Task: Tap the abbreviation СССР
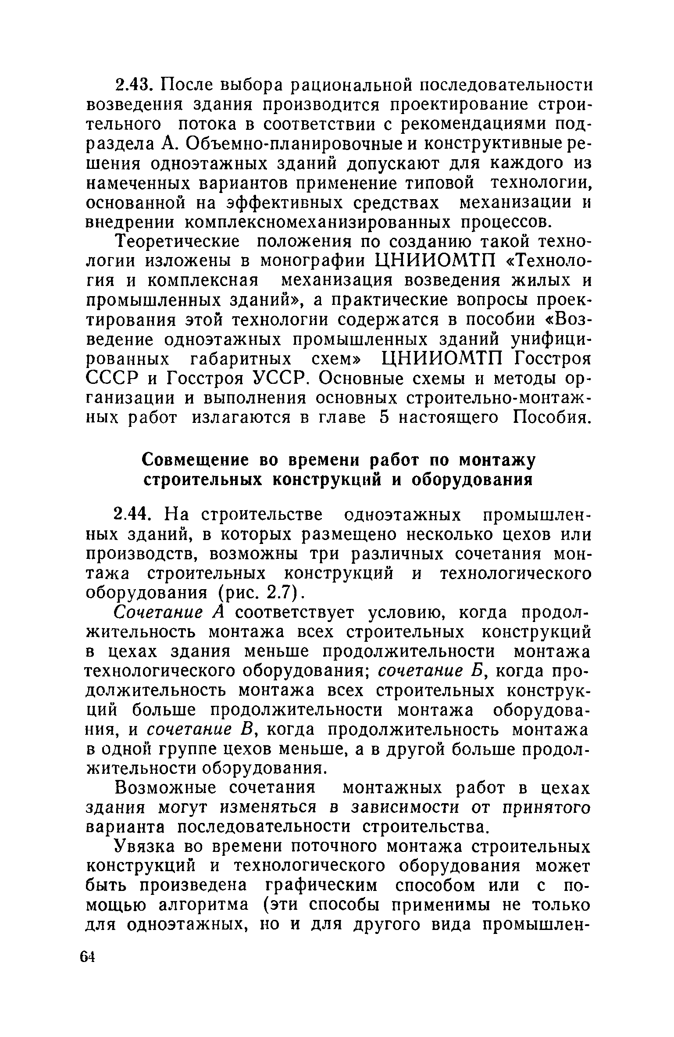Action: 112,378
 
